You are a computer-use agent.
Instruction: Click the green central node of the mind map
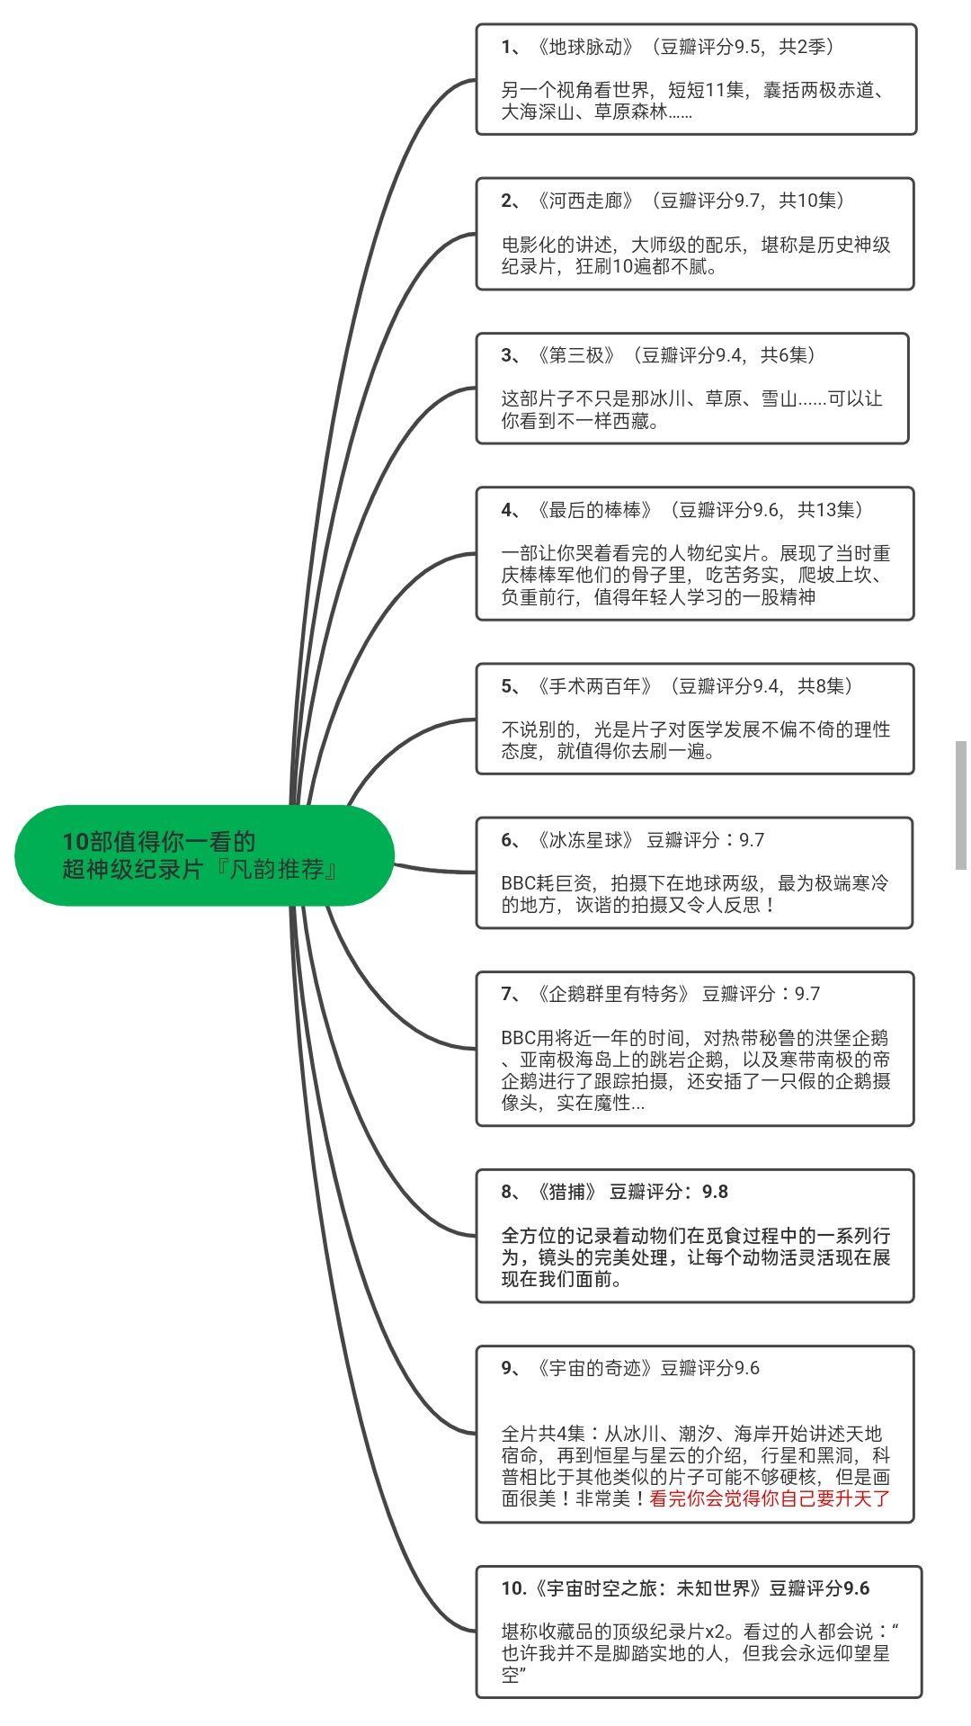click(x=205, y=855)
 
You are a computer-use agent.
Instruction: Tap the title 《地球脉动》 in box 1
click(x=585, y=47)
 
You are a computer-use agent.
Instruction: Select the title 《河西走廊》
click(x=585, y=201)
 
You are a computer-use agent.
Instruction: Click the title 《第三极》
click(x=576, y=355)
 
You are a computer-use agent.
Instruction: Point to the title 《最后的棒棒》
click(x=594, y=510)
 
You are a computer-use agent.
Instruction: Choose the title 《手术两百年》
click(x=594, y=686)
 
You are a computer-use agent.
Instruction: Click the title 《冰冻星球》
click(x=585, y=840)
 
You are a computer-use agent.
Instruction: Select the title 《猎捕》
click(x=567, y=1192)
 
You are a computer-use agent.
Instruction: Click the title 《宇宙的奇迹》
click(x=594, y=1368)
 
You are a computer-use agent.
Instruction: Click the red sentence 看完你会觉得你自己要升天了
click(x=770, y=1498)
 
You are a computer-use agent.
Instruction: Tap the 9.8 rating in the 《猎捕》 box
click(x=715, y=1192)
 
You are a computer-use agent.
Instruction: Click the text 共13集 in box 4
click(x=826, y=510)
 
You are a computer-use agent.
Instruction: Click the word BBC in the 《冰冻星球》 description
click(x=518, y=883)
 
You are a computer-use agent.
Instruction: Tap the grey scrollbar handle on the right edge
click(x=960, y=805)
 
